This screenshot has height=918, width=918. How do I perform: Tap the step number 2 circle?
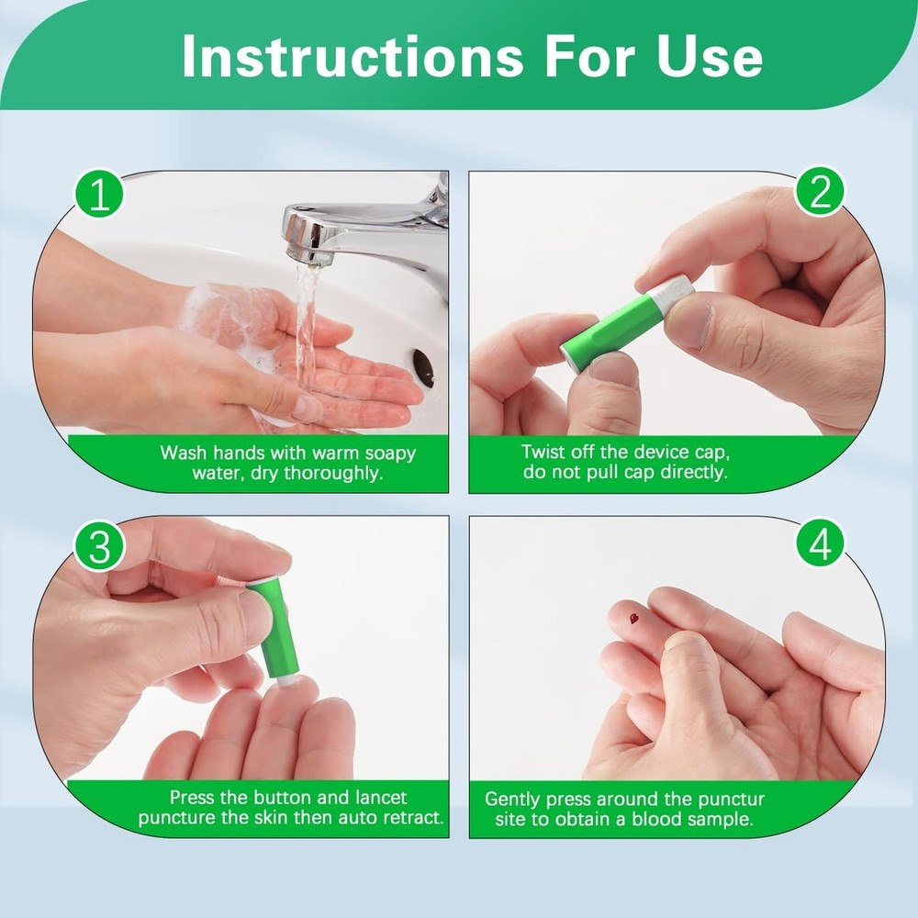pos(819,192)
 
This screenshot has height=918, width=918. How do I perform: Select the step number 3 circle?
pos(99,547)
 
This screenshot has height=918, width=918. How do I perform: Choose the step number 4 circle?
pos(819,545)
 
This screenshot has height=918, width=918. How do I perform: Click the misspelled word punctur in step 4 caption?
pos(731,799)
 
